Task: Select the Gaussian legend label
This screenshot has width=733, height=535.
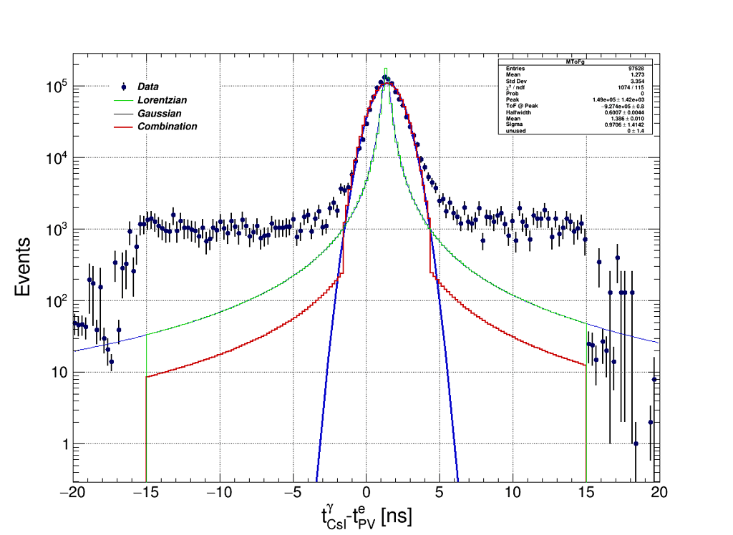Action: [x=159, y=113]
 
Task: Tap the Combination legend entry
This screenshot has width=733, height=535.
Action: [x=167, y=127]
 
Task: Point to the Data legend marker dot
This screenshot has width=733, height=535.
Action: [x=124, y=87]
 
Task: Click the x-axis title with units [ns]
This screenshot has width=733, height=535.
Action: [x=366, y=516]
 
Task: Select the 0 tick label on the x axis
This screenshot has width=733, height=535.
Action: [x=366, y=493]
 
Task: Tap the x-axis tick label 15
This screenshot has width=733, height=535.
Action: [x=586, y=493]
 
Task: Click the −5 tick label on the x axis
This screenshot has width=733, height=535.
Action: [x=291, y=493]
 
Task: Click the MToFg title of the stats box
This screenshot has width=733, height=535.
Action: [x=575, y=62]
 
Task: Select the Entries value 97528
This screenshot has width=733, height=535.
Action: [x=636, y=69]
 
